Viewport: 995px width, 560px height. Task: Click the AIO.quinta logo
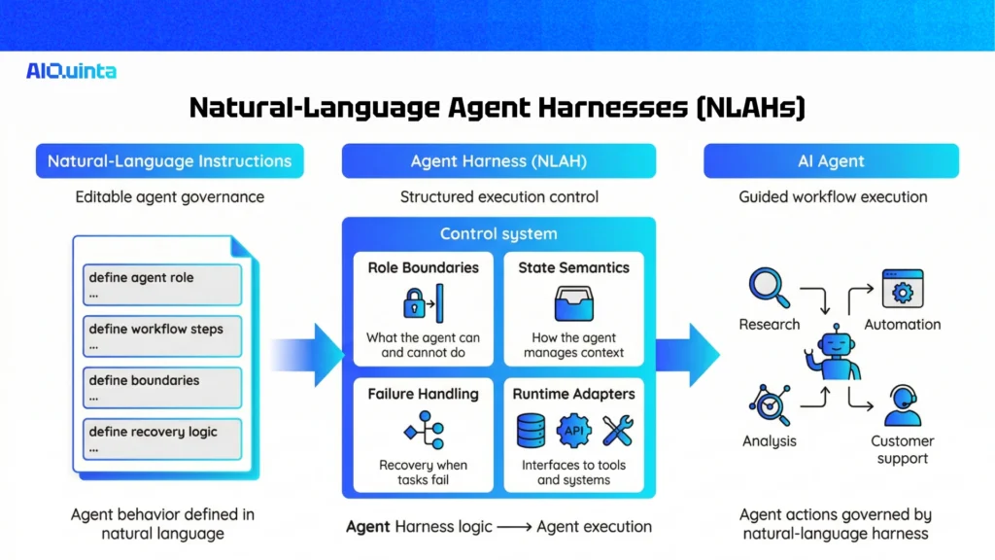point(72,70)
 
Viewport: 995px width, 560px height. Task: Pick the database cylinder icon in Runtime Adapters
point(531,430)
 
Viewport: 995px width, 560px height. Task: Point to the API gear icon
point(573,430)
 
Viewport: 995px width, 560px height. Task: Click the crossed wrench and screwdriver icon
point(617,430)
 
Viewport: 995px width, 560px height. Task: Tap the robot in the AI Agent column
point(833,354)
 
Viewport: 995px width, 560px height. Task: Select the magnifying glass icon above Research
point(768,288)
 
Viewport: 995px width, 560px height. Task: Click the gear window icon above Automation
point(902,289)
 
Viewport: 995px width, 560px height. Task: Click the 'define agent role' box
point(162,284)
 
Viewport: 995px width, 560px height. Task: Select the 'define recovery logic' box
point(162,438)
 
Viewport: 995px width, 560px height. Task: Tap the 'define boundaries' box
point(162,387)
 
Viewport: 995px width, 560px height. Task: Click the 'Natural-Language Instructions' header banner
point(170,161)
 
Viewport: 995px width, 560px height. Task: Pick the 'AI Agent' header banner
point(831,161)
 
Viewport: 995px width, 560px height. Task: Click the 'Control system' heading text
point(498,233)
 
